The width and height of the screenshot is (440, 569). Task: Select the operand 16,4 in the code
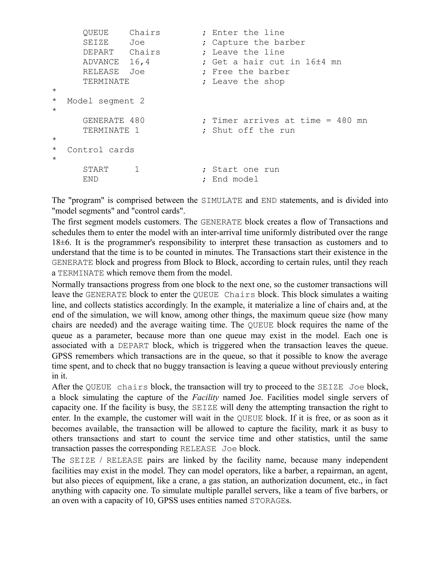point(139,62)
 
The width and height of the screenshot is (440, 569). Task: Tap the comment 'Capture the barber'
point(258,43)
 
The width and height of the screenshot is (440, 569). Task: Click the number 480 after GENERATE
point(137,121)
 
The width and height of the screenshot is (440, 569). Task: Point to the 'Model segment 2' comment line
point(105,101)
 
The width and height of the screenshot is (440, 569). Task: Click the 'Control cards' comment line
point(101,150)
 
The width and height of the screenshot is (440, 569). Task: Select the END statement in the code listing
point(90,179)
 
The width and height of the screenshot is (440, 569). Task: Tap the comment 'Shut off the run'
point(253,130)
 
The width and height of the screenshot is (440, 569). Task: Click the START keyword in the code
point(95,170)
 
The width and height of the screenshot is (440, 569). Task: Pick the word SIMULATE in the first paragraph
point(222,201)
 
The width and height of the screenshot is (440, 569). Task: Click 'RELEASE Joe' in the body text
point(209,449)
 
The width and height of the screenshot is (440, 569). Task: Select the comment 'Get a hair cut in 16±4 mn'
point(277,62)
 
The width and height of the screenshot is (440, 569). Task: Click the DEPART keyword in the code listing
point(98,52)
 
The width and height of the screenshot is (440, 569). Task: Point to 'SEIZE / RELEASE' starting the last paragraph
point(106,460)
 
